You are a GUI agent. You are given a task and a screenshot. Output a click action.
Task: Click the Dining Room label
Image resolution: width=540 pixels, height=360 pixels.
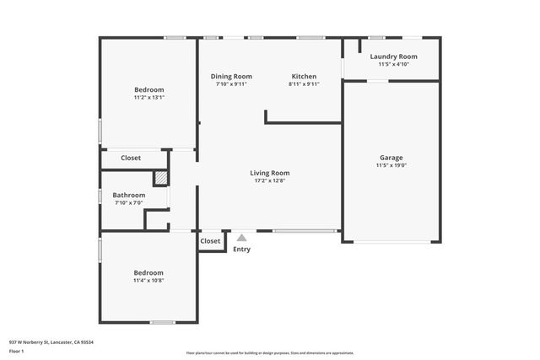(x=231, y=77)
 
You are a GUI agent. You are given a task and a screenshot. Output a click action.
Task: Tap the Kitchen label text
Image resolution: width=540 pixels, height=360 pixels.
(x=304, y=77)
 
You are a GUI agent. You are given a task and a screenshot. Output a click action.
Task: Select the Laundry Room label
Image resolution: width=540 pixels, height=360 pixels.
(x=393, y=56)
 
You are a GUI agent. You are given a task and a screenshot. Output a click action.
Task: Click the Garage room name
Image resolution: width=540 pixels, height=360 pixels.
(x=391, y=158)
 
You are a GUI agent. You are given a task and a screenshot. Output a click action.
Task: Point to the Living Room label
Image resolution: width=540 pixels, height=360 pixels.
(x=272, y=173)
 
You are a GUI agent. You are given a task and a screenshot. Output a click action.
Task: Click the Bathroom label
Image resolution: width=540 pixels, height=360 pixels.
(x=129, y=195)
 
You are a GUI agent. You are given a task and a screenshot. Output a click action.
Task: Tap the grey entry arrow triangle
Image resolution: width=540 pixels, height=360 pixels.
(x=241, y=239)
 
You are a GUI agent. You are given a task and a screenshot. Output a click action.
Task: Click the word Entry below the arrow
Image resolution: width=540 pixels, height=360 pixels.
(x=241, y=250)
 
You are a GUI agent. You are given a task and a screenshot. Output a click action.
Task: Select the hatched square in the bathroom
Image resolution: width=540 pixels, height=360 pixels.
(x=160, y=178)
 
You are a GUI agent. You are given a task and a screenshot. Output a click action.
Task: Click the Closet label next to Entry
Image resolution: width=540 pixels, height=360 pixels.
(x=210, y=241)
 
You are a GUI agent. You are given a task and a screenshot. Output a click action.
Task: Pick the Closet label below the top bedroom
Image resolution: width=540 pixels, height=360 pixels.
(x=131, y=158)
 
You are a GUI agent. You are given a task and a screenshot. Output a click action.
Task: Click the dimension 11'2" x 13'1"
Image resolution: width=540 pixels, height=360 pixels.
(x=148, y=97)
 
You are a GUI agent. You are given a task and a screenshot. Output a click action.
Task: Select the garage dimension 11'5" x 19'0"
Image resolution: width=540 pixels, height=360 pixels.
(x=391, y=165)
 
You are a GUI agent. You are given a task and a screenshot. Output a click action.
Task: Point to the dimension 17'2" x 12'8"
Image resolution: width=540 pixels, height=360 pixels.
(x=272, y=180)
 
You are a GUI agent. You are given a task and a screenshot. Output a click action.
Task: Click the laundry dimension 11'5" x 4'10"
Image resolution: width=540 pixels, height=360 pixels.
(x=393, y=64)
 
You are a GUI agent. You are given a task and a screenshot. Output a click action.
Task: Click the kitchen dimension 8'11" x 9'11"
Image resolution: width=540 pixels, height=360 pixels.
(x=304, y=84)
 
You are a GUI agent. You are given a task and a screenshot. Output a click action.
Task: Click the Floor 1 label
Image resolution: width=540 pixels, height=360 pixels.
(x=16, y=351)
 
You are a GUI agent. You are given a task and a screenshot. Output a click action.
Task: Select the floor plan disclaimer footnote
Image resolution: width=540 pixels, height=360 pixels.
(x=270, y=353)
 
